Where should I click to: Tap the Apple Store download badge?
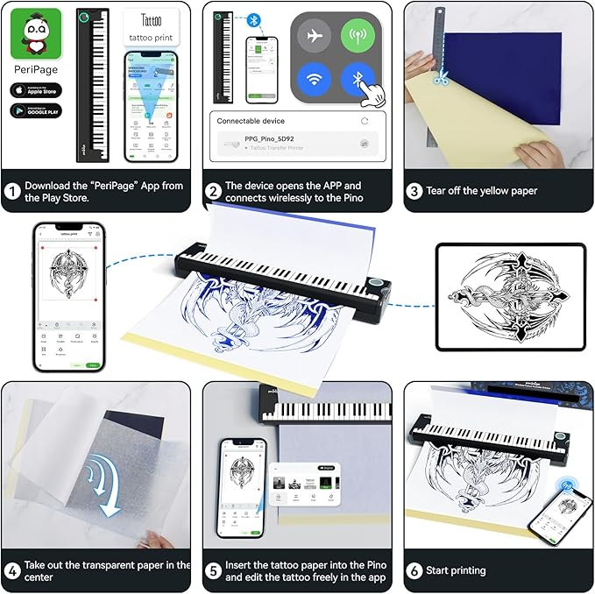tap(36, 89)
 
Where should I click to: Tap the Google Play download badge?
tap(36, 111)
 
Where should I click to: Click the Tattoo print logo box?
tap(152, 28)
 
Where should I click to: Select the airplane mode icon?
tap(314, 36)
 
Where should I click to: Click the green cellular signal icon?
tap(358, 36)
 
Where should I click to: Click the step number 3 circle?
tap(414, 190)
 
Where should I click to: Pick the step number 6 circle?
tap(414, 570)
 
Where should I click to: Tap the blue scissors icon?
tap(441, 78)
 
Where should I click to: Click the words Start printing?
tap(456, 570)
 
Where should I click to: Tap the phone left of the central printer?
tap(68, 295)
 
